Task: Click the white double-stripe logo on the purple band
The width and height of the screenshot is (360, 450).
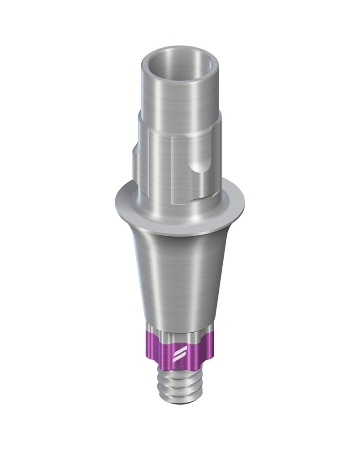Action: [x=178, y=353]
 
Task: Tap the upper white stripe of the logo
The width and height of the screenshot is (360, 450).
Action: [x=178, y=350]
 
